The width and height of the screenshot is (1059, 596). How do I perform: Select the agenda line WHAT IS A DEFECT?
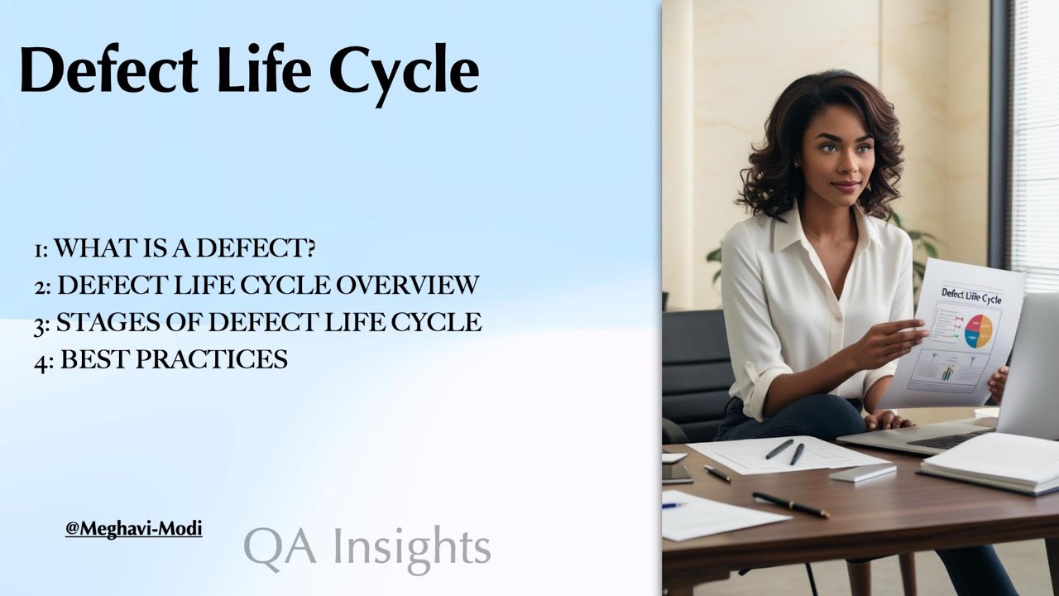pos(175,248)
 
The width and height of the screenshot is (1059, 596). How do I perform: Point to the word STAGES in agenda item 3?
pos(101,322)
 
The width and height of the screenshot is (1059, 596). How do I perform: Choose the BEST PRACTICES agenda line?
pos(161,359)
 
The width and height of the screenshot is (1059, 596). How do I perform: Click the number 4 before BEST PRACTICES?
pos(41,361)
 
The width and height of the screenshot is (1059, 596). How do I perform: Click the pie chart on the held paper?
pos(978,331)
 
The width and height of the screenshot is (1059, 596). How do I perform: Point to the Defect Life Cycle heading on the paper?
pos(970,296)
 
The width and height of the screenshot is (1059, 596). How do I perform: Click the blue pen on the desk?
pos(673,505)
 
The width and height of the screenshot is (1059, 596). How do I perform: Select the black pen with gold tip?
pos(790,504)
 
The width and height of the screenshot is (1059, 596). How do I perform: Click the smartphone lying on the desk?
pos(677,473)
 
